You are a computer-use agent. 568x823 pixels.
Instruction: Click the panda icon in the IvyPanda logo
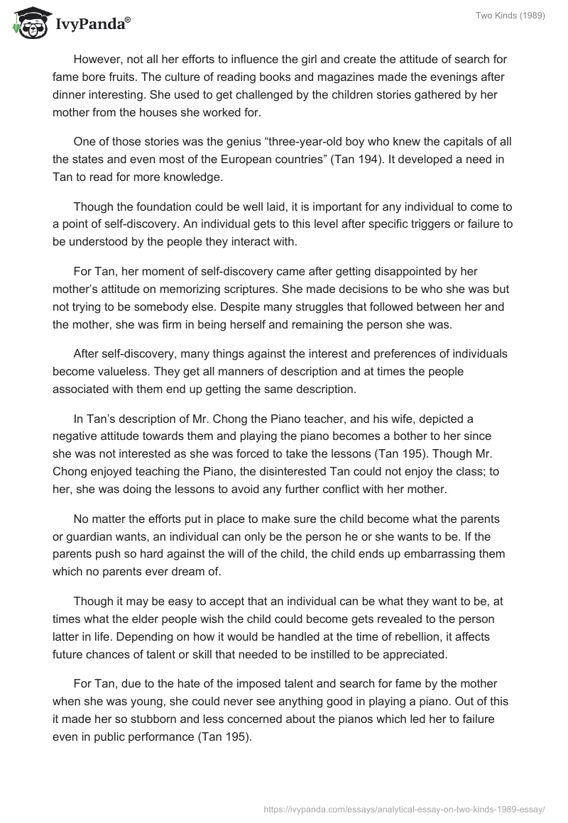28,23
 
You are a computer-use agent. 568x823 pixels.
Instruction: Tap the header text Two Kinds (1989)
511,16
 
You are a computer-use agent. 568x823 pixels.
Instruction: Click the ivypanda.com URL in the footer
403,808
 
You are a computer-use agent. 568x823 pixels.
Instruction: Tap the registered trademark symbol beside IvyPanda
129,21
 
